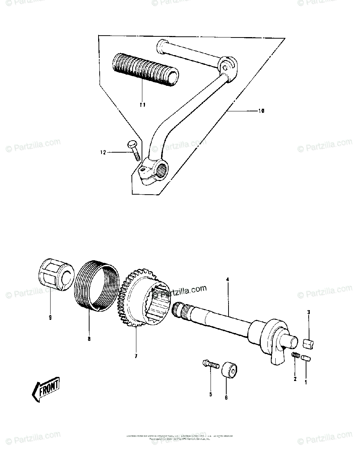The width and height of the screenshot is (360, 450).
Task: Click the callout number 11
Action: [x=142, y=105]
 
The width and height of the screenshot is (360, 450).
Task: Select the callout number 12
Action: [x=103, y=152]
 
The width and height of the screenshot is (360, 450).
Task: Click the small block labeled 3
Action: [x=309, y=342]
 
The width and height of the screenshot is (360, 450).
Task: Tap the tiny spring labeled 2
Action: [x=295, y=355]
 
